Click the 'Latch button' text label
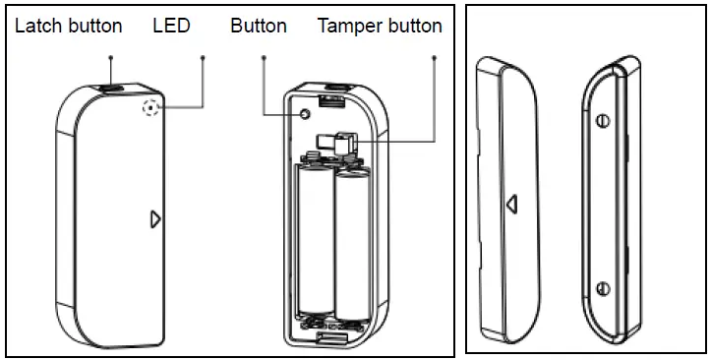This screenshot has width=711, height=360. (x=68, y=27)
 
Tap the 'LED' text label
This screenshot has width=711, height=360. (x=171, y=27)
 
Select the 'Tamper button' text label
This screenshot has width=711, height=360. (x=380, y=27)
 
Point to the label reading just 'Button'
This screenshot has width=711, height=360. (x=259, y=27)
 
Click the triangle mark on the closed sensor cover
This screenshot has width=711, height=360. (x=154, y=218)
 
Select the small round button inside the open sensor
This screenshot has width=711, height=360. (x=305, y=114)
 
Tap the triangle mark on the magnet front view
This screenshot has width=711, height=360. (x=510, y=202)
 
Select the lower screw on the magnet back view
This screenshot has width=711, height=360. (x=601, y=287)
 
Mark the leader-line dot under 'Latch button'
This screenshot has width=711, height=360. (x=110, y=57)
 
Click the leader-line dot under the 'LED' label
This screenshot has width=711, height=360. (x=202, y=57)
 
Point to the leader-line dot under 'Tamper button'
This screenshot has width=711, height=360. (x=434, y=57)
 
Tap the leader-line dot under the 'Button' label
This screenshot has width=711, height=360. (x=264, y=57)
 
